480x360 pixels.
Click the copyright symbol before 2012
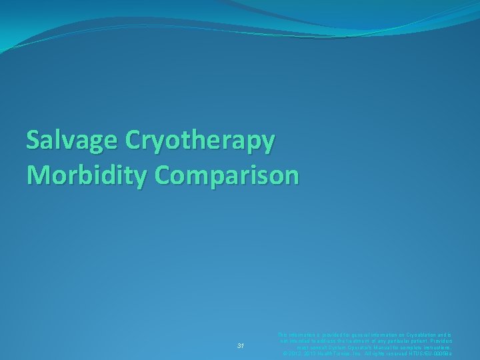click(285, 354)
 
